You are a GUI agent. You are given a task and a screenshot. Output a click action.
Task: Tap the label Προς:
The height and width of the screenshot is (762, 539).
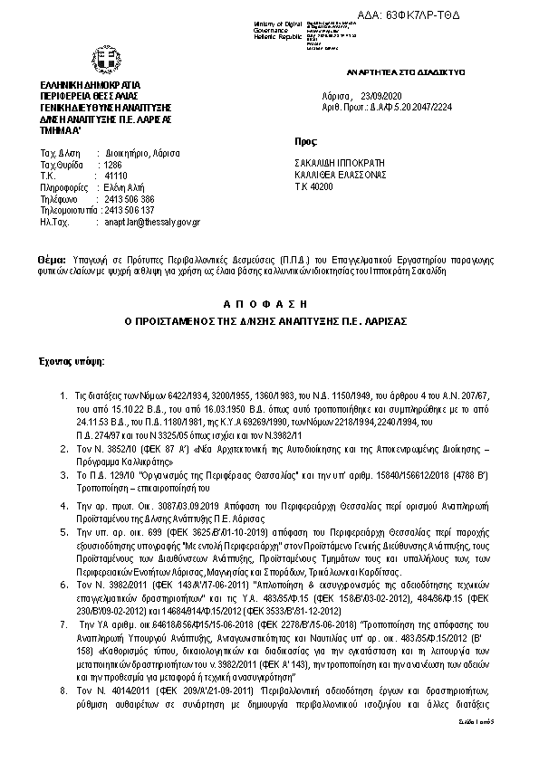click(x=306, y=142)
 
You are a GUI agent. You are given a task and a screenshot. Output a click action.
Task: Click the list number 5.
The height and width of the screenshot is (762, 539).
click(x=62, y=534)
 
